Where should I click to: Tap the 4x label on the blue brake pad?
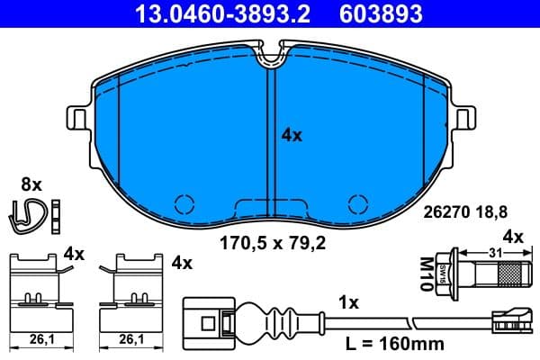291,136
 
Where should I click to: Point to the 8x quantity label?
31,184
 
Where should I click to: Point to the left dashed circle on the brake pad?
184,204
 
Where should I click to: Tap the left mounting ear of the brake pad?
78,119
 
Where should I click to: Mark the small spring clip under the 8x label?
30,213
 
